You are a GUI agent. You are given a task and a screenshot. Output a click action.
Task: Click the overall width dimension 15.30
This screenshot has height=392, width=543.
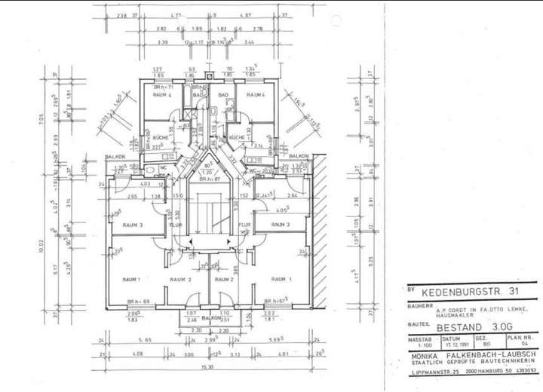205,367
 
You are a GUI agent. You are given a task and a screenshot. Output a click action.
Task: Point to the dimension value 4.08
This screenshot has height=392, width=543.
138,354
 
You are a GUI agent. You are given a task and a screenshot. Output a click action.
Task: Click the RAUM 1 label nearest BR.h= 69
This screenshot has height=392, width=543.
131,280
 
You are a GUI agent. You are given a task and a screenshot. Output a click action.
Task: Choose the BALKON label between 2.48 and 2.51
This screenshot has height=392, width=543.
210,318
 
